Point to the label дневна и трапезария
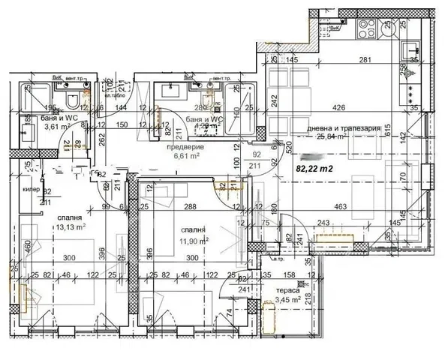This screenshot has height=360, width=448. tap(340, 128)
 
